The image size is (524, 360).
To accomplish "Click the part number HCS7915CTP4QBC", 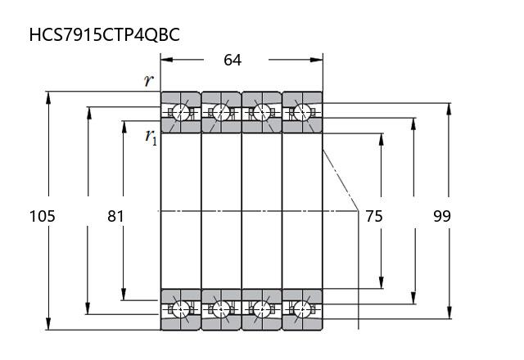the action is pos(105,34).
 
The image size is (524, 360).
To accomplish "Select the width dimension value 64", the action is pos(233,60).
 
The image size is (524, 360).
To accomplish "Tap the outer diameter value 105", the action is pos(43,216).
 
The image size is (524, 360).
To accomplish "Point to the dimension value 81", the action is pos(115,216).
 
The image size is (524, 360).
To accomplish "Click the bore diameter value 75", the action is pos(374,216).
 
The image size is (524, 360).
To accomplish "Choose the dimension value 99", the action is pos(442,216).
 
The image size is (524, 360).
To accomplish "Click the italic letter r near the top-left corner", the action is pos(149,80).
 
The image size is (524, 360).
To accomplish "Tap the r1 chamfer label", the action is pos(151,137).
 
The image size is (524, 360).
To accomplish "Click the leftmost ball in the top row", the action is pos(181,111).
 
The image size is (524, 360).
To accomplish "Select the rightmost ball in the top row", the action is pos(302,111).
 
